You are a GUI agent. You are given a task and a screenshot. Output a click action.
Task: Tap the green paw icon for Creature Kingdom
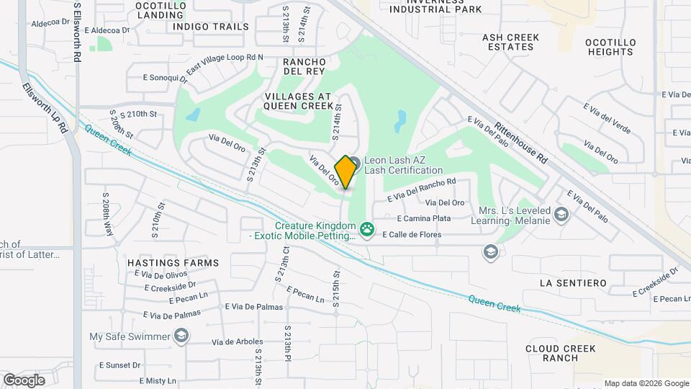[368, 228]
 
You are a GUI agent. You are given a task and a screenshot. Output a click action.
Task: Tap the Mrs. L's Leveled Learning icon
[561, 215]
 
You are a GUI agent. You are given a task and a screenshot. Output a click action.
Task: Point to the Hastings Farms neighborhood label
[173, 263]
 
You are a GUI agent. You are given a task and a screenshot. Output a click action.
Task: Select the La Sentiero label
[573, 283]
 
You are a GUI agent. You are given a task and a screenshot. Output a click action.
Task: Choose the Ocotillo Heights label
[610, 47]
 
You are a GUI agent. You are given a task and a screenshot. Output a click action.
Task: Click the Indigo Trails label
[211, 27]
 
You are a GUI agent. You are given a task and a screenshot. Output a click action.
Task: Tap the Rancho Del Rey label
[304, 66]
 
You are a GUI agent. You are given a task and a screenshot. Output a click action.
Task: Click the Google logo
[24, 380]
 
